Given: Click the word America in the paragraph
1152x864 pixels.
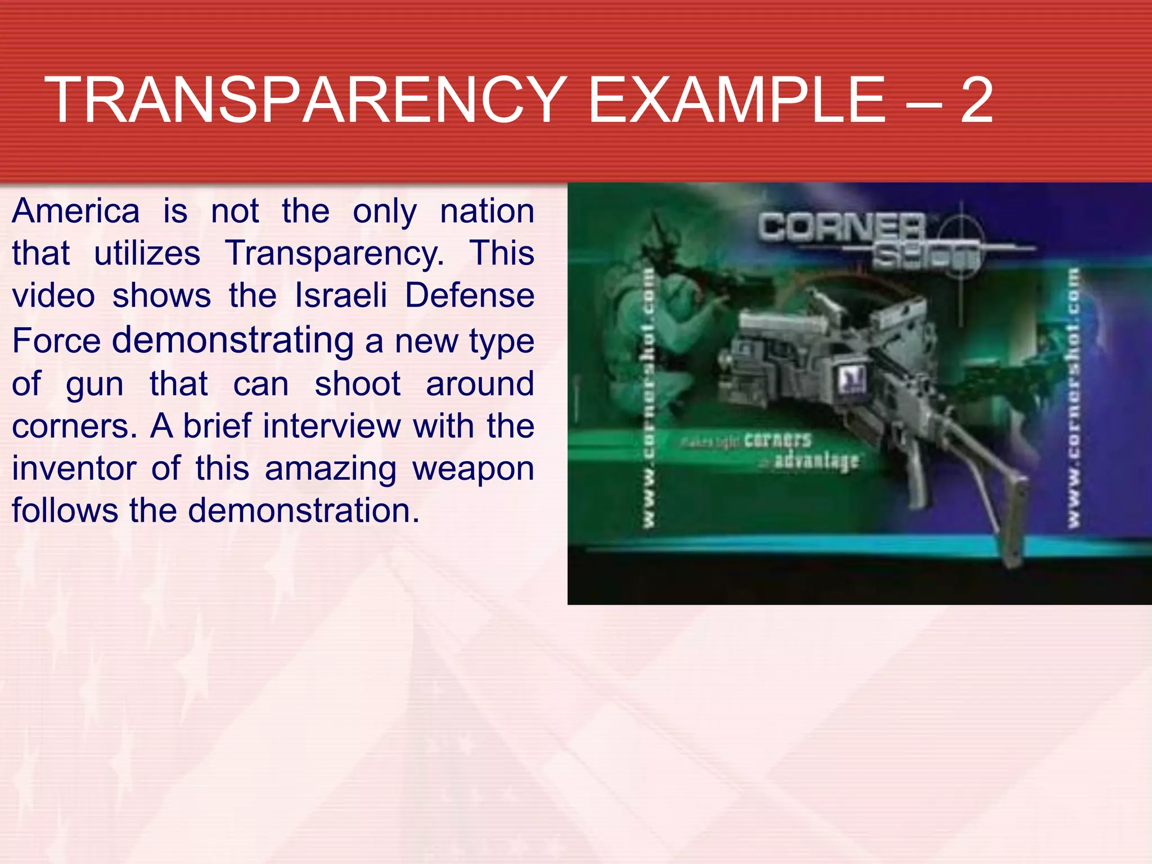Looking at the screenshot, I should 76,211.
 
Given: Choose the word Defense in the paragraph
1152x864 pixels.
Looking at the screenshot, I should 470,296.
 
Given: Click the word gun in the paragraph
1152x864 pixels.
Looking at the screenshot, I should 94,385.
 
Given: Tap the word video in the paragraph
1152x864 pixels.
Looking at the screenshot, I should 53,296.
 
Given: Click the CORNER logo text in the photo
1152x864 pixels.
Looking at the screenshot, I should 841,228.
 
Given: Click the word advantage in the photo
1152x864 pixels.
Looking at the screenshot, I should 816,461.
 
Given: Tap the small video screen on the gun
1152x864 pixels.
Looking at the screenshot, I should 853,380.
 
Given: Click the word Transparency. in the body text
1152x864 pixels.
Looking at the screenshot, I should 334,254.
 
